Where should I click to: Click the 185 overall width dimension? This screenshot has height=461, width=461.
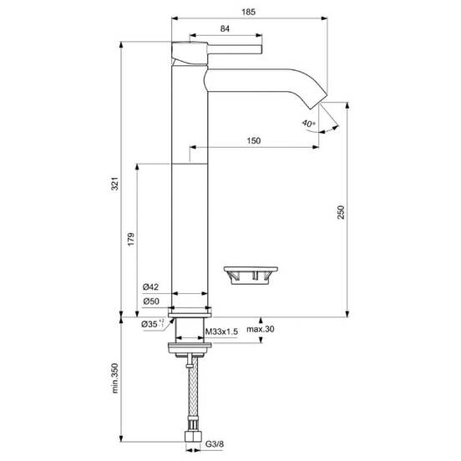(x=248, y=12)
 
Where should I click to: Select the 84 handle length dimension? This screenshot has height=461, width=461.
(x=225, y=28)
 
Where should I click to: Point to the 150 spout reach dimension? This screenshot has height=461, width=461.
(x=253, y=140)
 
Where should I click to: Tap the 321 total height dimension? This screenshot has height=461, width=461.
(x=115, y=184)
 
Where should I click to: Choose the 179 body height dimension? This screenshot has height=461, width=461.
(x=131, y=240)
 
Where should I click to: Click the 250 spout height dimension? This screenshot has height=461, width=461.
(x=341, y=212)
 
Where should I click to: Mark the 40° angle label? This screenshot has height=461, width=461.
(x=308, y=123)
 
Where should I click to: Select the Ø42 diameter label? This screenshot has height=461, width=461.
(x=150, y=287)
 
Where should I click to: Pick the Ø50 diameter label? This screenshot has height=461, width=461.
(x=151, y=301)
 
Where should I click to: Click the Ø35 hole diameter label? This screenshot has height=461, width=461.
(x=152, y=324)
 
